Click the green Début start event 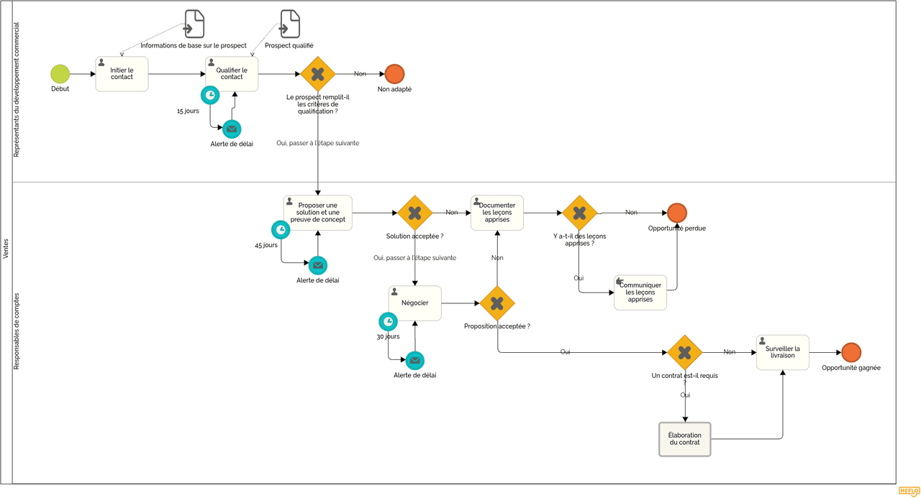coord(60,73)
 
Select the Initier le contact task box coord(122,74)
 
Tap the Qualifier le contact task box coord(232,74)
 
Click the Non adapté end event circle coord(394,73)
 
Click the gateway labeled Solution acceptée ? coord(414,213)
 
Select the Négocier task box coord(414,303)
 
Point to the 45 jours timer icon coord(281,230)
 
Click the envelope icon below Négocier coord(414,360)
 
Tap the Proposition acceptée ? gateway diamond coord(497,303)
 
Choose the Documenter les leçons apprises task coord(497,213)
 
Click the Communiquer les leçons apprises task coord(640,292)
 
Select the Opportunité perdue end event coord(676,213)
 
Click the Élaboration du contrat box coord(684,439)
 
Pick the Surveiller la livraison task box coord(782,352)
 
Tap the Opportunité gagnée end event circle coord(850,352)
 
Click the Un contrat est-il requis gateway coord(684,352)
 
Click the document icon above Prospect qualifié coord(290,24)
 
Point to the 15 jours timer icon coord(210,95)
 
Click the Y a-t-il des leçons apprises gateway coord(579,213)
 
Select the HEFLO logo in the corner coord(909,492)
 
